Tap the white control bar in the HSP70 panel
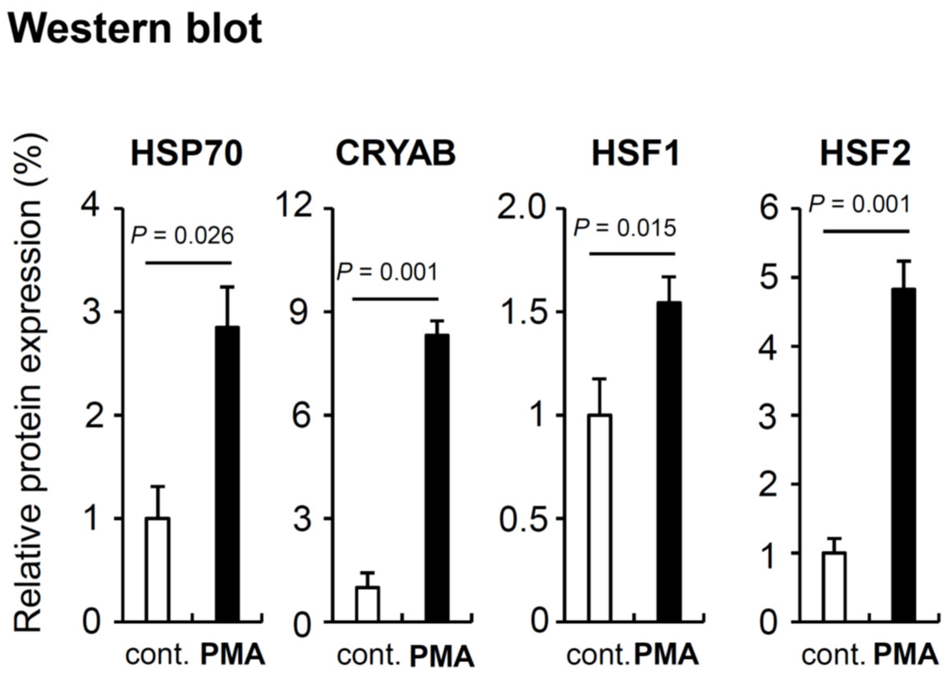158,570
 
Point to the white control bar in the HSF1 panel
600,518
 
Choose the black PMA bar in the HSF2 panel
903,455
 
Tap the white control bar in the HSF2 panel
834,587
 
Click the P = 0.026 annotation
182,236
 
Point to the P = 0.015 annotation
624,228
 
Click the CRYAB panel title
395,154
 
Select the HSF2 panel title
866,154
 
